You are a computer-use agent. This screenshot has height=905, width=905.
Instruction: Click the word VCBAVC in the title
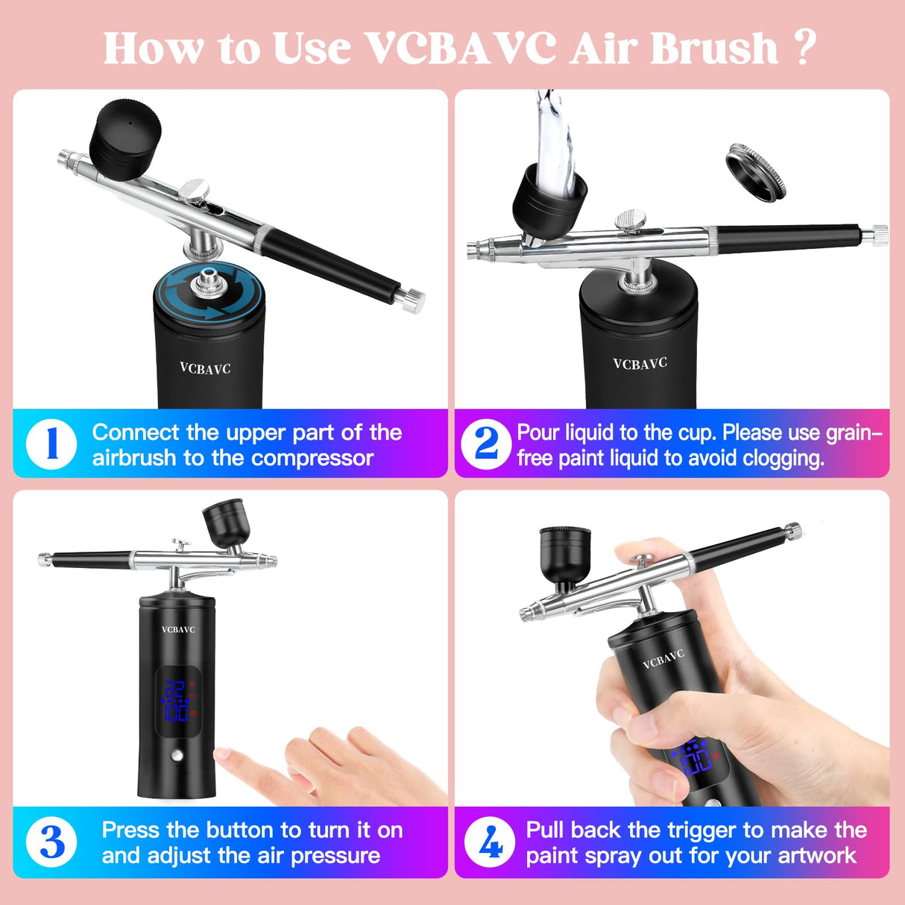[x=462, y=48]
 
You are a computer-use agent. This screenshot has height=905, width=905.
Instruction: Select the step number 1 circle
[x=51, y=444]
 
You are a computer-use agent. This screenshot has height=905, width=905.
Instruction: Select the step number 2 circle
[x=486, y=444]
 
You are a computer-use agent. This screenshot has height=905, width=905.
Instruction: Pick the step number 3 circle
[x=51, y=842]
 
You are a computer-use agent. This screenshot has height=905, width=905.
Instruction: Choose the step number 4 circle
[x=490, y=842]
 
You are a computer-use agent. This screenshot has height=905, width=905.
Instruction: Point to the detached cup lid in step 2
[x=756, y=172]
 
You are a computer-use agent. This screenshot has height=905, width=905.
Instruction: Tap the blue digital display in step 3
[x=177, y=700]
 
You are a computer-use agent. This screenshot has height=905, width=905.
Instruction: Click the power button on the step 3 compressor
[x=177, y=756]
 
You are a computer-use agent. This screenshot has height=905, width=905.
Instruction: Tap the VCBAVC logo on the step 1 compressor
[x=205, y=368]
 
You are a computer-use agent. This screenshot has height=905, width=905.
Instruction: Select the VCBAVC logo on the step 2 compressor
[x=640, y=364]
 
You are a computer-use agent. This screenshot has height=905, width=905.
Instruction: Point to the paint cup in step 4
[x=564, y=553]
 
